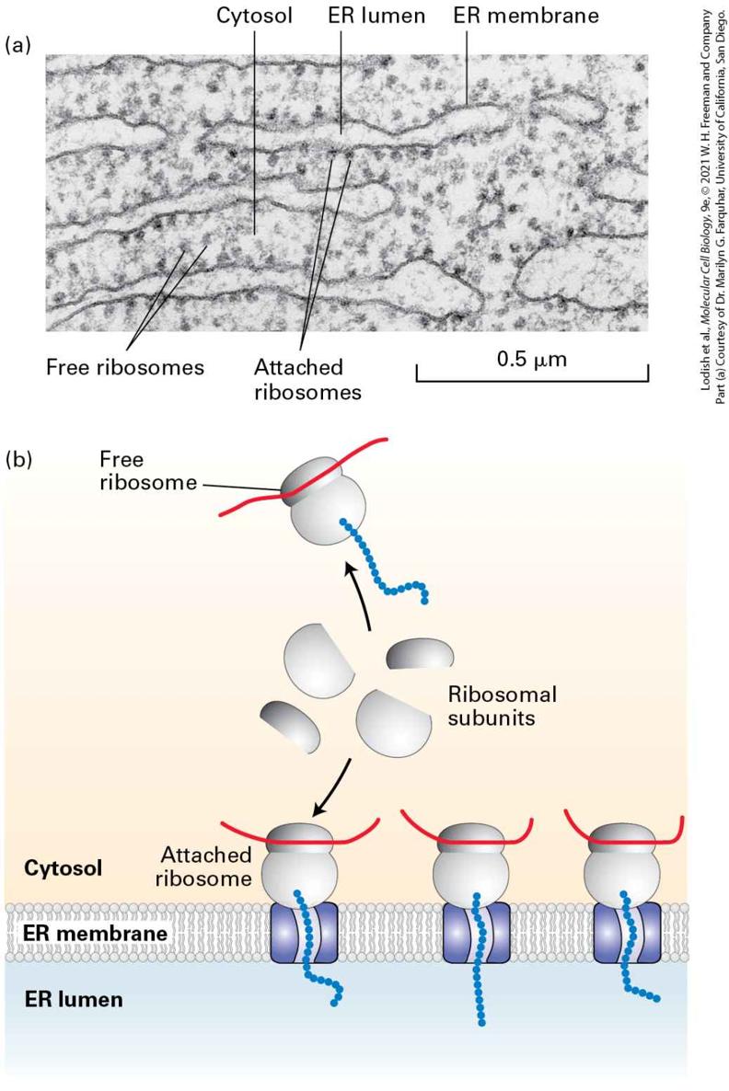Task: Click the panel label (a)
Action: pyautogui.click(x=18, y=46)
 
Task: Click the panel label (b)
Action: pyautogui.click(x=18, y=460)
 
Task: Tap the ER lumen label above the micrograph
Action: pyautogui.click(x=376, y=16)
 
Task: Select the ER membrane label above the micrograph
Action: pyautogui.click(x=526, y=16)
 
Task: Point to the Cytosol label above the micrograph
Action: pyautogui.click(x=254, y=16)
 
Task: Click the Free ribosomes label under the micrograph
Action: pyautogui.click(x=125, y=367)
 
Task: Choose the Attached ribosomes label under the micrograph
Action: pyautogui.click(x=307, y=379)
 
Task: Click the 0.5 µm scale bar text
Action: pyautogui.click(x=532, y=360)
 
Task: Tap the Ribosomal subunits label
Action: pyautogui.click(x=502, y=706)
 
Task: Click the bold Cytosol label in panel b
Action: pyautogui.click(x=64, y=868)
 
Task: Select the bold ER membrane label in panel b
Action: pyautogui.click(x=96, y=933)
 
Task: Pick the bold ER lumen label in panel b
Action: pyautogui.click(x=74, y=999)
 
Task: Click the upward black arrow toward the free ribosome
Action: pyautogui.click(x=359, y=595)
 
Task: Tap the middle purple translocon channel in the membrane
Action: pyautogui.click(x=477, y=933)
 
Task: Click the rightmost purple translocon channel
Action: pyautogui.click(x=627, y=933)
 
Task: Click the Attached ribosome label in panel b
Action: pyautogui.click(x=204, y=867)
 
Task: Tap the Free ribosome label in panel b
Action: pyautogui.click(x=147, y=471)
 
